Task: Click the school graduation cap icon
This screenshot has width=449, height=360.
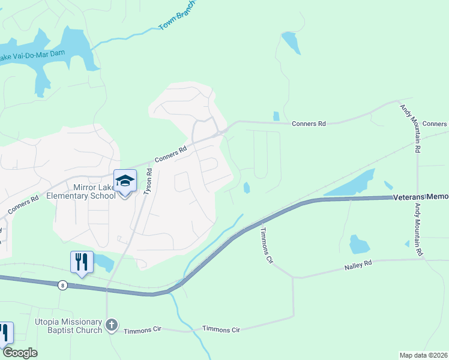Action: coord(125,181)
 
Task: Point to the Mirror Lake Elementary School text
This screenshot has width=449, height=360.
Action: coord(94,191)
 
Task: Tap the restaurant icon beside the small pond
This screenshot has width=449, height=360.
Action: coord(82,262)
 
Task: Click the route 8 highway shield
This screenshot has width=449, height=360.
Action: coord(62,286)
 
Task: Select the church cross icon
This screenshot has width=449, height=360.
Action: coord(111,325)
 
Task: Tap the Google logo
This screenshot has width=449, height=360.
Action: coord(20,353)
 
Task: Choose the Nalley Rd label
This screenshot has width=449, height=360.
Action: coord(358,263)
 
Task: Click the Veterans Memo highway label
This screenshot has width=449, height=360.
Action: coord(420,197)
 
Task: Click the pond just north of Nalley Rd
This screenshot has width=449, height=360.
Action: coord(359,244)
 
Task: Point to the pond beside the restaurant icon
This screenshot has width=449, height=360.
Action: coord(103,262)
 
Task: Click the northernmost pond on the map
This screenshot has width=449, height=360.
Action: coord(291,42)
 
